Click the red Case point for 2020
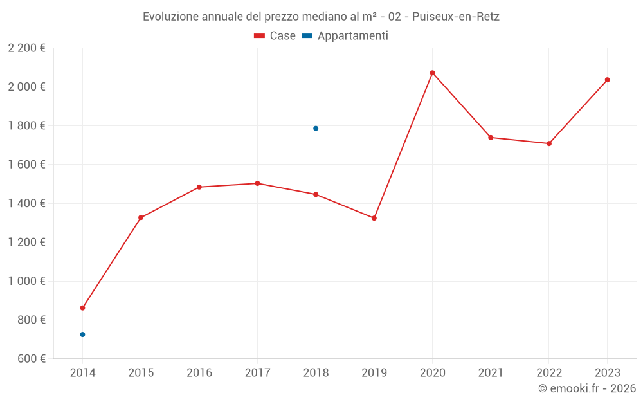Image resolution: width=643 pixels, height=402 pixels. pos(432,73)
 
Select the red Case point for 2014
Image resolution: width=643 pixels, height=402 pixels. pos(82,308)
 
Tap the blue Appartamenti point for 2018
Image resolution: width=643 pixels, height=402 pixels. pos(316,129)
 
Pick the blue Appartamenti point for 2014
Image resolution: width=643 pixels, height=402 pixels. pos(82,334)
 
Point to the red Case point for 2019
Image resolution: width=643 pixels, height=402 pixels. pos(374,218)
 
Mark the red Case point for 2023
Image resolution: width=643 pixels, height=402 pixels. pos(607,80)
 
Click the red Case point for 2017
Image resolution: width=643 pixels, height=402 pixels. pos(257,183)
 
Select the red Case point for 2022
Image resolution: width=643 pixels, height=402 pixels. pos(549,143)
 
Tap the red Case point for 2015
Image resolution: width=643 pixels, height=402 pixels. pos(141,217)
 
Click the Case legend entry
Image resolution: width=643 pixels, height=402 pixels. pos(275,36)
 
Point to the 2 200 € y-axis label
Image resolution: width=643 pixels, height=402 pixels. pos(26,48)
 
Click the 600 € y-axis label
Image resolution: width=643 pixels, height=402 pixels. pos(31,359)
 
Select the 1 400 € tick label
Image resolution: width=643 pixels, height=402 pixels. pos(26,203)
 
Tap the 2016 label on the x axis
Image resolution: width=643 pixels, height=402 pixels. pos(199,373)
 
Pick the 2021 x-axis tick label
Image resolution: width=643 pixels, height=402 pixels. pos(491,373)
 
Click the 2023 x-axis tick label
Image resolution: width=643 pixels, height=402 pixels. pos(607,373)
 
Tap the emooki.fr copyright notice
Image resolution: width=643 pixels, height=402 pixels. pos(587,388)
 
